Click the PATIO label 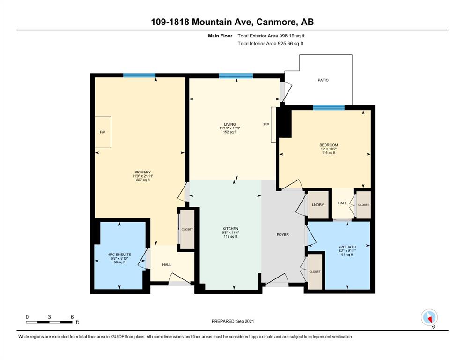tap(323, 80)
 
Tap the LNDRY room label tap(318, 205)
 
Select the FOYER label tap(283, 235)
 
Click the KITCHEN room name tap(230, 229)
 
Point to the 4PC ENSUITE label tap(119, 255)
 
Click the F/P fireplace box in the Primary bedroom tap(103, 132)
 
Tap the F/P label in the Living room tap(266, 125)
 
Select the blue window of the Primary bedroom tap(140, 75)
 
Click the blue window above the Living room tap(236, 75)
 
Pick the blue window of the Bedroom tap(329, 107)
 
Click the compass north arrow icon tap(429, 317)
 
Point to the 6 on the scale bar tap(72, 317)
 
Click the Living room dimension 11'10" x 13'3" tap(229, 128)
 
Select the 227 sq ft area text tap(143, 180)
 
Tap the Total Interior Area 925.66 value tap(286, 44)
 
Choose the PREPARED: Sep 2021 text tap(233, 321)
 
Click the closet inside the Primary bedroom tap(187, 230)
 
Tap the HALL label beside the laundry tap(342, 203)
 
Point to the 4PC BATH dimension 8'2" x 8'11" tap(347, 251)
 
